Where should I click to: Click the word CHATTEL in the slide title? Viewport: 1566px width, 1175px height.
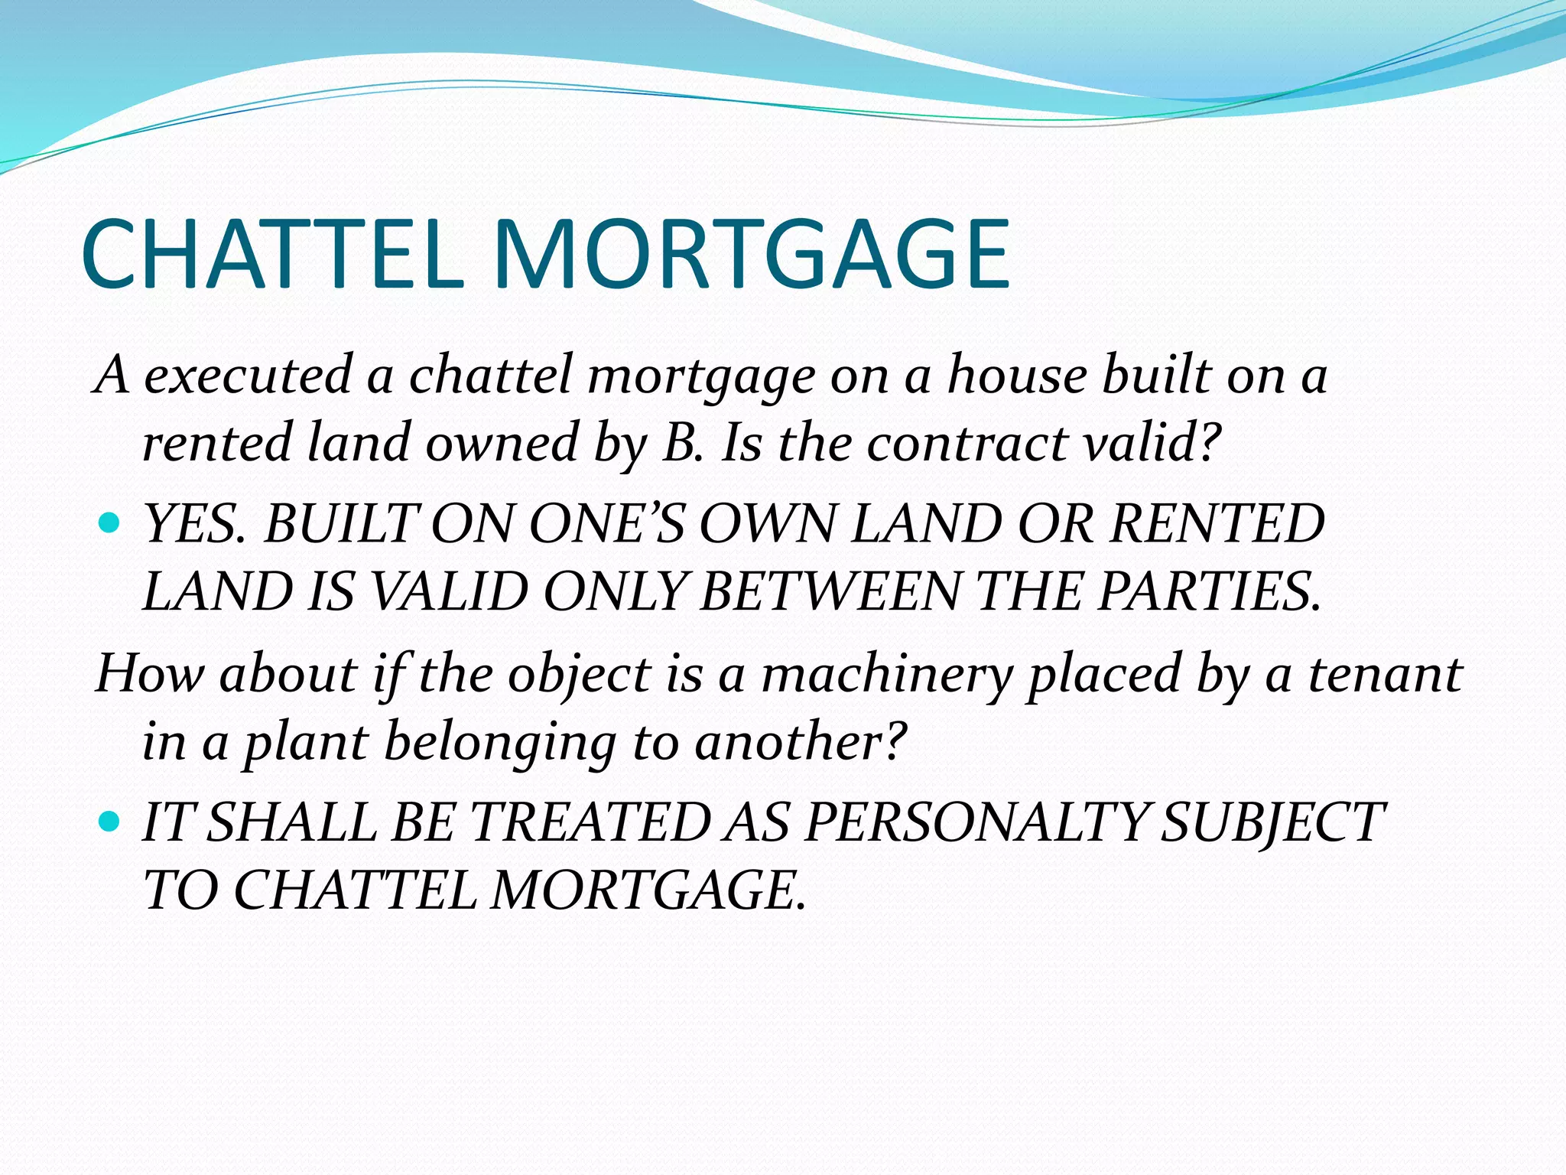coord(271,254)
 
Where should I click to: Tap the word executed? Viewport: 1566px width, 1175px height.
coord(249,376)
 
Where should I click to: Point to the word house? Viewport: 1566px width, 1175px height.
coord(1016,376)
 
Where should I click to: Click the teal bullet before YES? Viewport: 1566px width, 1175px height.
coord(111,523)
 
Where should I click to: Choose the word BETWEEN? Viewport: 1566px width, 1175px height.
coord(830,592)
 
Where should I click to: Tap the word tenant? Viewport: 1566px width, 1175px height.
coord(1386,675)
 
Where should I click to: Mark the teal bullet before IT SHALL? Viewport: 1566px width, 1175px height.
coord(111,822)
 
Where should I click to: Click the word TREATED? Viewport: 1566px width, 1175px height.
coord(590,823)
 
